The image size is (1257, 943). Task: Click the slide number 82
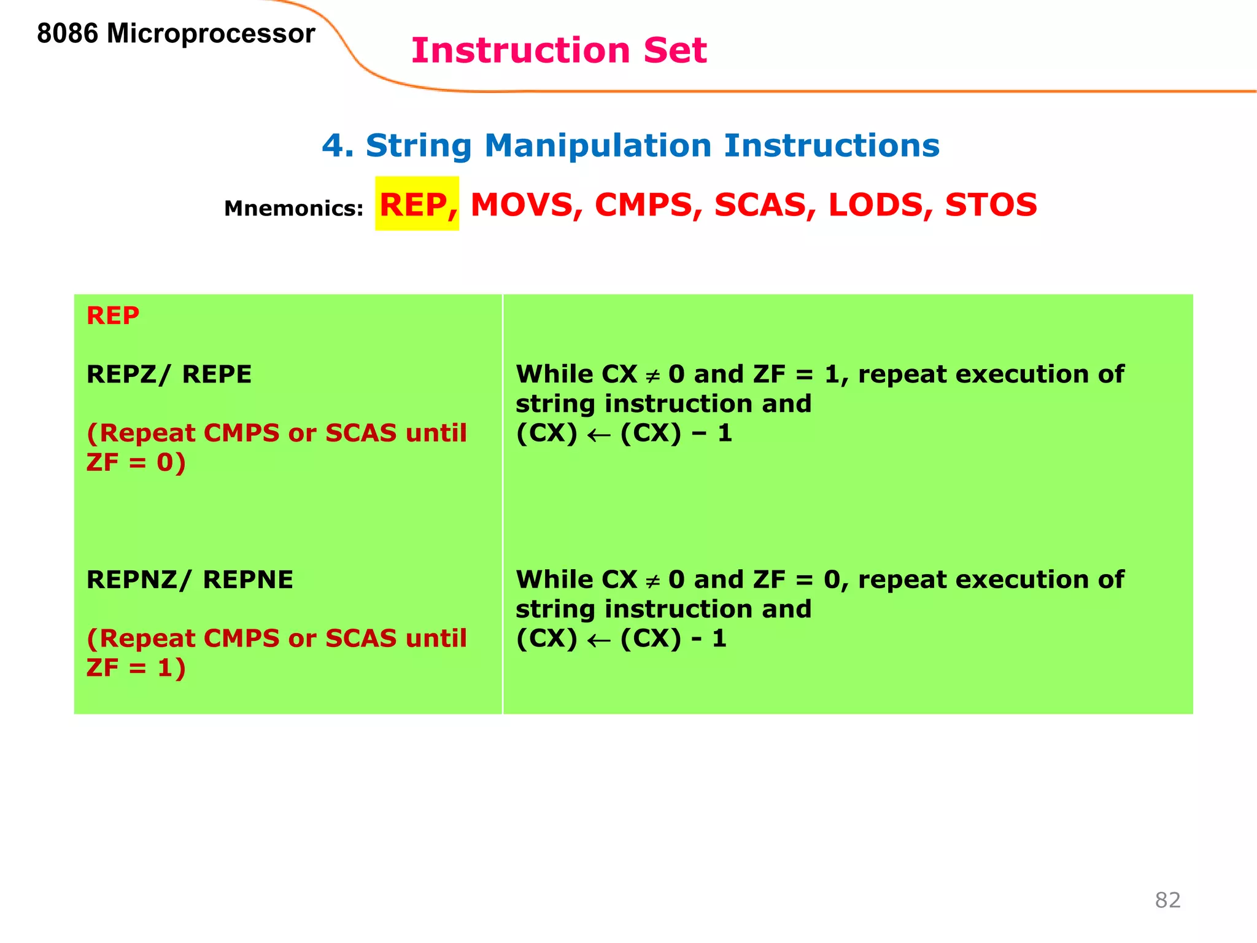1167,900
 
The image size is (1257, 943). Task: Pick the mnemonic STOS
991,204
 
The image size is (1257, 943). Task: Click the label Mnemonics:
293,209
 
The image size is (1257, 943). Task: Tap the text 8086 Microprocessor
176,33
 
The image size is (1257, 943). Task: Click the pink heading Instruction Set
559,50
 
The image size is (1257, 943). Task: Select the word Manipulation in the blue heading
598,146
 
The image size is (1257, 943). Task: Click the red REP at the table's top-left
113,316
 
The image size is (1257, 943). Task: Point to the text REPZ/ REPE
169,374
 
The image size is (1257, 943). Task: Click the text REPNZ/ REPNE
190,580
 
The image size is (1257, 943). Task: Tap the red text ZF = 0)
136,462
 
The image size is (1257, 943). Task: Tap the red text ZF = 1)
136,668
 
